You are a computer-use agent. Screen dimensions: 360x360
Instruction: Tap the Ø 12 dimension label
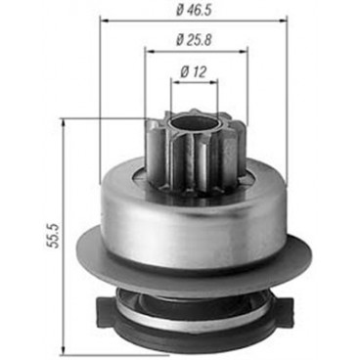click(x=193, y=69)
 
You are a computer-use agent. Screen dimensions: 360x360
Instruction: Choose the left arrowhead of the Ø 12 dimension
click(x=171, y=82)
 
